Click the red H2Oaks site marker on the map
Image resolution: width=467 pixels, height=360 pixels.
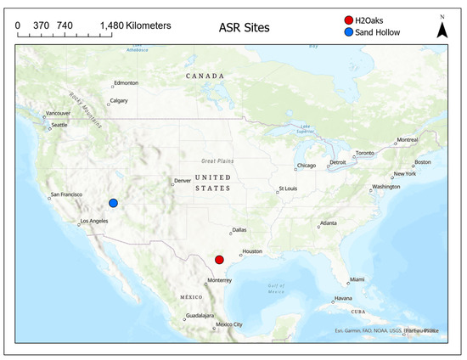(219, 260)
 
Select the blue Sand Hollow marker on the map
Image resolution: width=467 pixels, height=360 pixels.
(113, 203)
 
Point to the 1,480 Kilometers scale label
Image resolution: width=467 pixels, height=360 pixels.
(135, 25)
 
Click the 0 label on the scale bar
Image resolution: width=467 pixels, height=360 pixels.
(19, 25)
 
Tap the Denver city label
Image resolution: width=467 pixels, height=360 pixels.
(183, 181)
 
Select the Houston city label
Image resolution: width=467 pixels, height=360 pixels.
(252, 252)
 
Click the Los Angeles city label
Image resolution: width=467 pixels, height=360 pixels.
(94, 222)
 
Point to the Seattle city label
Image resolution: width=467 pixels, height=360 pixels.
(59, 126)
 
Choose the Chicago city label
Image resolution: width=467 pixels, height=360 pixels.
(306, 166)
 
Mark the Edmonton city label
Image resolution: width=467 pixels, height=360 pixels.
(126, 82)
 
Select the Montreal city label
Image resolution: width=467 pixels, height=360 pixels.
(408, 139)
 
